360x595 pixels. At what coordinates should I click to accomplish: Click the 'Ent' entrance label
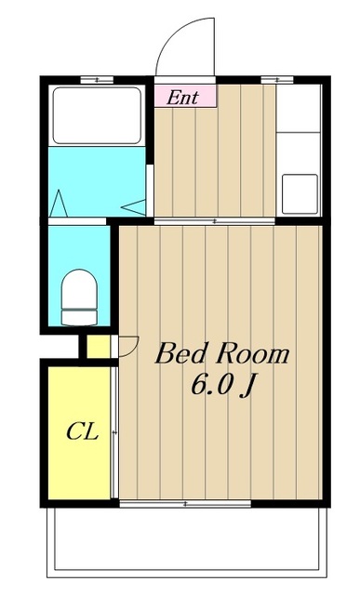(182, 96)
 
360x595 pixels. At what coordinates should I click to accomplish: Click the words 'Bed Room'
(221, 354)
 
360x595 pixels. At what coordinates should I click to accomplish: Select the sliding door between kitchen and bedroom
(215, 221)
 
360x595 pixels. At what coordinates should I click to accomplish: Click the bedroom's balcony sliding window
(185, 504)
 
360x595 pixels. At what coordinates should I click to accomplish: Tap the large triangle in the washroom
(57, 202)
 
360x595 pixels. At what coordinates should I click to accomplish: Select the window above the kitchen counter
(272, 81)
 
